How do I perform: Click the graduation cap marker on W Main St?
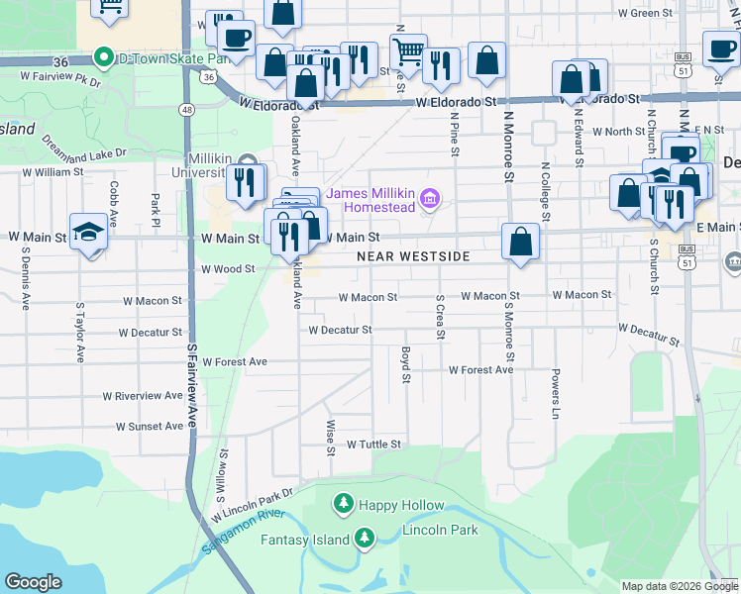click(x=89, y=233)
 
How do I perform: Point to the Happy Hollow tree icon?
click(x=344, y=505)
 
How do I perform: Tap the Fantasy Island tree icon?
click(x=365, y=539)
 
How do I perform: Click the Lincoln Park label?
click(x=440, y=530)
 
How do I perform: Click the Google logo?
click(x=33, y=581)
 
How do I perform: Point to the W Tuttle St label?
click(x=373, y=445)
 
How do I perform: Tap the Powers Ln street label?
click(x=556, y=394)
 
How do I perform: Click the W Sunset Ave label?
click(x=150, y=427)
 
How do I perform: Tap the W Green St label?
click(x=645, y=13)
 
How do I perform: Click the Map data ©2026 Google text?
click(x=680, y=586)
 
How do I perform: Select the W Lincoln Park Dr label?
click(x=254, y=505)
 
